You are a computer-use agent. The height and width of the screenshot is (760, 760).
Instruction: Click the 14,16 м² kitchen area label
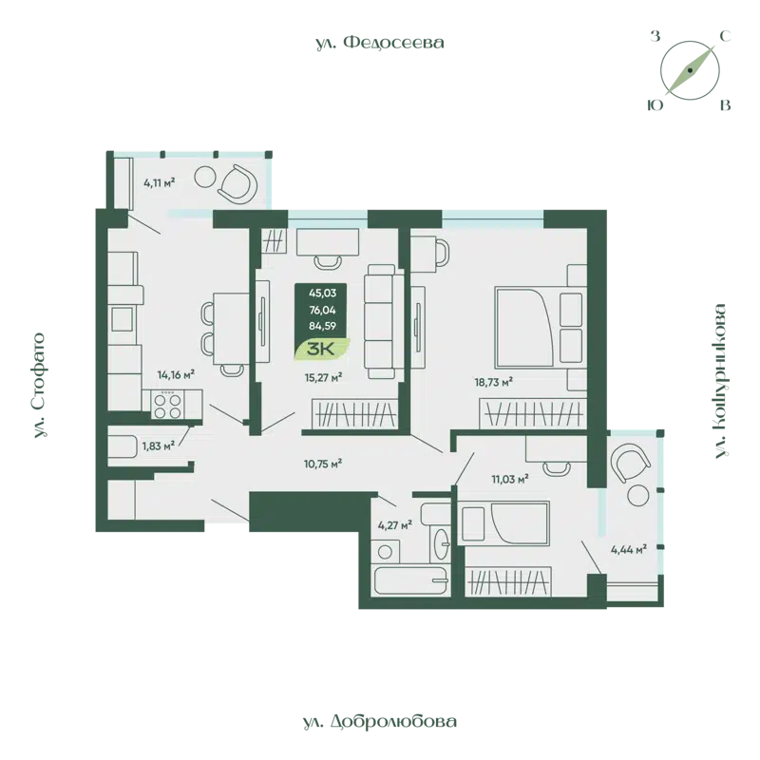pos(177,374)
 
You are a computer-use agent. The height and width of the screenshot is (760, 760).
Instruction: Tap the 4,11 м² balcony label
pos(160,180)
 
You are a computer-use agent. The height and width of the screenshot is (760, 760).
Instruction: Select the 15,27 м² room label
pos(323,376)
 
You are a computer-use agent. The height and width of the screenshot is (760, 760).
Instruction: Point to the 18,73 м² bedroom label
pos(494,381)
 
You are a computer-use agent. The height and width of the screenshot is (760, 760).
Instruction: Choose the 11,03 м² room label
pos(509,480)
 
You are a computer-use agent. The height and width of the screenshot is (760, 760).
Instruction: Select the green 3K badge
pos(321,350)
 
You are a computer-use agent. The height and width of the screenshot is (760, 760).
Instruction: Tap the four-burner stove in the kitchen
pos(168,406)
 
